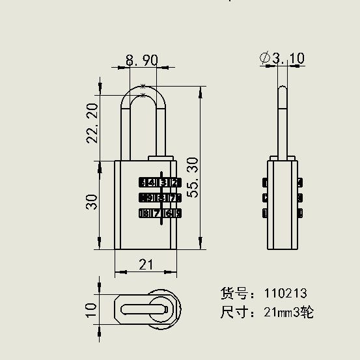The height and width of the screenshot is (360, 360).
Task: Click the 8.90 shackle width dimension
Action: [x=141, y=60]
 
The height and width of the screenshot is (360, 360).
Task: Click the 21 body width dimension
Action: [x=145, y=264]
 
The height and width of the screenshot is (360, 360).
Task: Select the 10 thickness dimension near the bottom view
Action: [x=91, y=308]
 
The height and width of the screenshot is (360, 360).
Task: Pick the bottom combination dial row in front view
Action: [x=159, y=213]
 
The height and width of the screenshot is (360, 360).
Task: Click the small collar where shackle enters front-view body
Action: [x=161, y=157]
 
